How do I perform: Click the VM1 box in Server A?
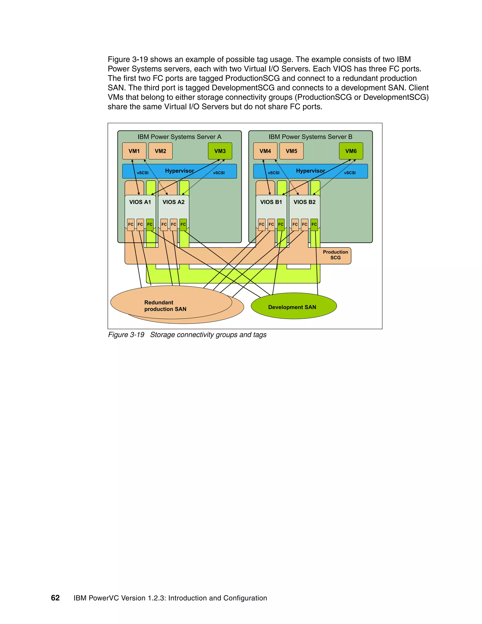[134, 151]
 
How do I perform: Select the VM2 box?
[161, 151]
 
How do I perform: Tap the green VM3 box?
[220, 151]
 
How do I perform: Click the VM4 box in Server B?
[265, 151]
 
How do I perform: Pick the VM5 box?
[292, 151]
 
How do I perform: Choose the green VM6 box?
[351, 151]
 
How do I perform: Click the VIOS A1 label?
[140, 202]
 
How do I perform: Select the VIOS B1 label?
[271, 202]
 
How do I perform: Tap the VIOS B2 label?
[304, 202]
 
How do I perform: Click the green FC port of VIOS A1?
[150, 224]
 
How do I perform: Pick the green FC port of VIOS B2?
[314, 224]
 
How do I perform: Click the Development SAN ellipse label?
[292, 307]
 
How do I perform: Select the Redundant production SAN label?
[165, 306]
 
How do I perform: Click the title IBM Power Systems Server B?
[310, 137]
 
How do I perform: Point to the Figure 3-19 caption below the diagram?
[187, 335]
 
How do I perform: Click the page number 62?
[55, 598]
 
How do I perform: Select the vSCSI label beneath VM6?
[350, 173]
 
